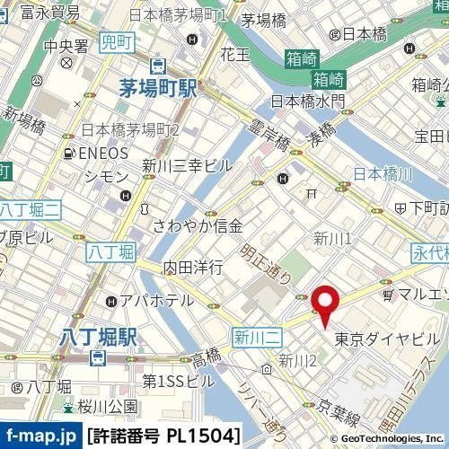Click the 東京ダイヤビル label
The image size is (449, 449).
click(x=387, y=339)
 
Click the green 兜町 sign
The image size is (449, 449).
click(x=115, y=41)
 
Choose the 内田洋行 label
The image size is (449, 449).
click(x=192, y=268)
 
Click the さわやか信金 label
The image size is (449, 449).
click(x=198, y=225)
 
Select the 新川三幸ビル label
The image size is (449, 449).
click(x=188, y=165)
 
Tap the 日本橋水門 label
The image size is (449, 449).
click(x=307, y=101)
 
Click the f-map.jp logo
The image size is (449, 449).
click(x=40, y=436)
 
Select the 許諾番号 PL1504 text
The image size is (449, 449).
click(x=163, y=436)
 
